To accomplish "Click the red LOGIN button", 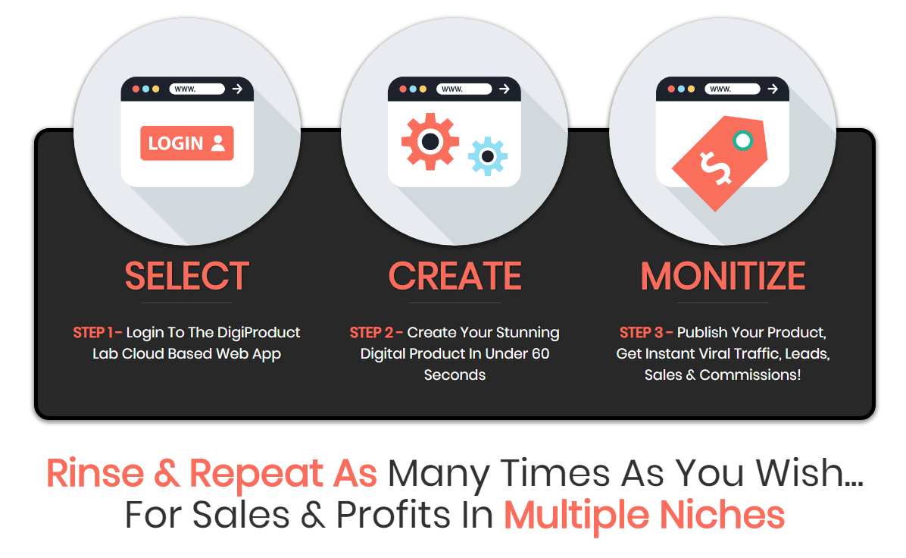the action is click(x=186, y=143).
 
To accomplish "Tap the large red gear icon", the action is click(x=430, y=142).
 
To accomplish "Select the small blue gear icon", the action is click(x=488, y=156).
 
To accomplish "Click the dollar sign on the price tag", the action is click(x=715, y=168).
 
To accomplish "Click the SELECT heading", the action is click(x=186, y=276).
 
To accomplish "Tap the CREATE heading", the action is click(x=455, y=276).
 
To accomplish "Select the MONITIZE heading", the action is click(x=723, y=276).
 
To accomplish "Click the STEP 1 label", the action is click(x=97, y=333).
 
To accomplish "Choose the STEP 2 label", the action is click(x=376, y=333).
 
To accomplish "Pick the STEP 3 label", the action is click(x=646, y=333).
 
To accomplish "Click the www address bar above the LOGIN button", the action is click(x=196, y=89).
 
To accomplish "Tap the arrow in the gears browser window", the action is click(x=505, y=89).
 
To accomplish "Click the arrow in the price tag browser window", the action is click(x=773, y=89).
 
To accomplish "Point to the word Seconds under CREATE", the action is click(x=455, y=375).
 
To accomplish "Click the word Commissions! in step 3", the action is click(x=750, y=375).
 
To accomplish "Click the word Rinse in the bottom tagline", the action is click(x=95, y=474).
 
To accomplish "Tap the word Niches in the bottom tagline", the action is click(x=722, y=516).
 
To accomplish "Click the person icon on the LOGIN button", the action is click(x=218, y=143).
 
